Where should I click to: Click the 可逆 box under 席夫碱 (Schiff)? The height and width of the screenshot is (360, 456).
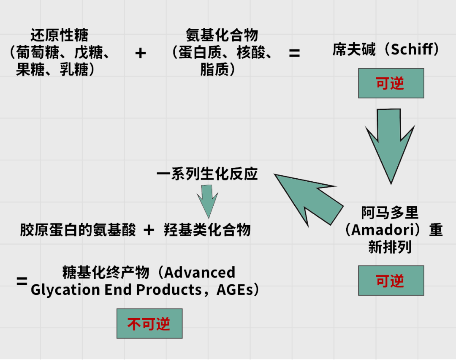click(391, 83)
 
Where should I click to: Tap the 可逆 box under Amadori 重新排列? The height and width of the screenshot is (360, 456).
click(391, 281)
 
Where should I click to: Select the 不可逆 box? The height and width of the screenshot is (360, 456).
click(149, 324)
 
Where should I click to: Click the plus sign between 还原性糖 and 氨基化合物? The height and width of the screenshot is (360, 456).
click(140, 53)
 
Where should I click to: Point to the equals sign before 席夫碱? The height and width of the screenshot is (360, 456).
click(294, 53)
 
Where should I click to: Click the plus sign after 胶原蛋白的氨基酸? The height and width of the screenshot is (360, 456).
click(149, 230)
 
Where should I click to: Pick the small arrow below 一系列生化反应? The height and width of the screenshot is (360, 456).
click(208, 202)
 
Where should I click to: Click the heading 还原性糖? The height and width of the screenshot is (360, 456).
click(60, 35)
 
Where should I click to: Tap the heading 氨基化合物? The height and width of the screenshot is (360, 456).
click(222, 35)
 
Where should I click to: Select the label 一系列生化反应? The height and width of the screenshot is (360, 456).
click(207, 174)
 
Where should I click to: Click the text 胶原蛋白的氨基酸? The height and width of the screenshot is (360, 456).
click(78, 230)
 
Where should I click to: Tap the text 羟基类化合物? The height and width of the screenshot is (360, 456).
click(207, 230)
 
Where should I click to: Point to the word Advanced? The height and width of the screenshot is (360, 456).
click(200, 273)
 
